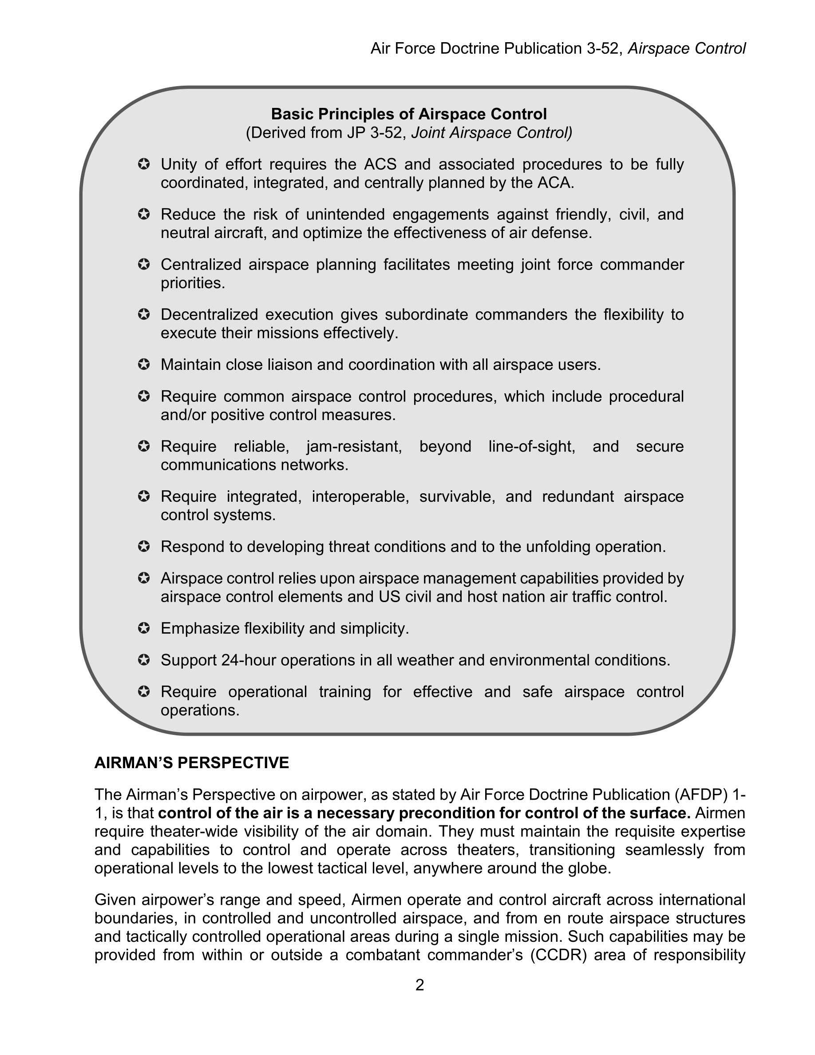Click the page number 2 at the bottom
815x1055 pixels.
point(419,984)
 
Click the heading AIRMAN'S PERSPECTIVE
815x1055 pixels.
point(192,762)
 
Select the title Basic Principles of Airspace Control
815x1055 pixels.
point(408,114)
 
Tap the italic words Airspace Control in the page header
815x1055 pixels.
point(686,48)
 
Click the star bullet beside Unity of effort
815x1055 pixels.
point(143,164)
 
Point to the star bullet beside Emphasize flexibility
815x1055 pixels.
point(143,628)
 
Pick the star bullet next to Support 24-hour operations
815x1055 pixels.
point(143,660)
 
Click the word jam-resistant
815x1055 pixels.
point(354,446)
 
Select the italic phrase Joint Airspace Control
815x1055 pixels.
point(491,132)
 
